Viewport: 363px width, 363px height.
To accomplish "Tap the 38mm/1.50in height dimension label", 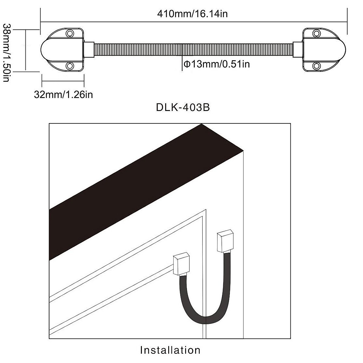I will (x=7, y=53).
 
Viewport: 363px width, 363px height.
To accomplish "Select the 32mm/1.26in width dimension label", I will (x=64, y=94).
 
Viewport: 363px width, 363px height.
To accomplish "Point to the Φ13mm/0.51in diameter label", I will (x=217, y=64).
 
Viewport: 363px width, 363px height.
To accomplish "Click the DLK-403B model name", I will (x=183, y=108).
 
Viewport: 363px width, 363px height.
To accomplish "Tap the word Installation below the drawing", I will (x=170, y=350).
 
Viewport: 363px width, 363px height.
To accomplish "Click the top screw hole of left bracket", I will (x=70, y=33).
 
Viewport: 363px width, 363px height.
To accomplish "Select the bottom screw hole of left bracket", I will (x=70, y=65).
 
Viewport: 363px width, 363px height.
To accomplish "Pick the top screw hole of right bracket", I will (x=316, y=33).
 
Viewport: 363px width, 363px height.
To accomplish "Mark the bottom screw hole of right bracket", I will (x=316, y=65).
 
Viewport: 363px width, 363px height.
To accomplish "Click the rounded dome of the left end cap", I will (x=48, y=49).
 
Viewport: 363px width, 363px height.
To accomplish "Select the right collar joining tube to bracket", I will (x=297, y=49).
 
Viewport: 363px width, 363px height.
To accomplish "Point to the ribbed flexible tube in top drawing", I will (x=194, y=49).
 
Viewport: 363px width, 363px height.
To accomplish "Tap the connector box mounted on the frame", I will (x=225, y=242).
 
